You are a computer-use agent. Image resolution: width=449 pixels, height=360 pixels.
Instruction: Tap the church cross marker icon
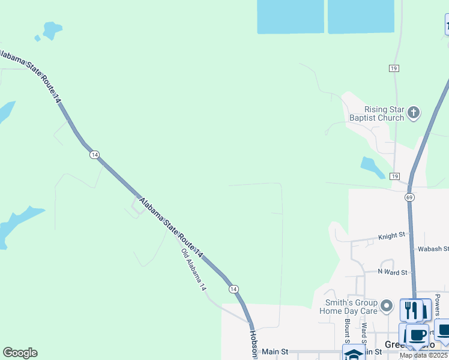click(413, 112)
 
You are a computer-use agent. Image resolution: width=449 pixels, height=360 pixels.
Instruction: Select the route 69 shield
click(409, 197)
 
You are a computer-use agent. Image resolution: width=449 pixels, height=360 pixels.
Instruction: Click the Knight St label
click(392, 237)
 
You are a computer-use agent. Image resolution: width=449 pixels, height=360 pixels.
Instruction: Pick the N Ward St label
click(393, 272)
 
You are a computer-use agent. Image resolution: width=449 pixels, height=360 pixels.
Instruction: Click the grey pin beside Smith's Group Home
click(388, 306)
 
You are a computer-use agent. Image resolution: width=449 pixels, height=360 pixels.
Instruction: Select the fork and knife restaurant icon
click(411, 310)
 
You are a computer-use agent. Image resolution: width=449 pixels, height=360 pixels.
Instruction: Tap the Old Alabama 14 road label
click(193, 270)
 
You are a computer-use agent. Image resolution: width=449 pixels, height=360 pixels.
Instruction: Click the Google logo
click(20, 353)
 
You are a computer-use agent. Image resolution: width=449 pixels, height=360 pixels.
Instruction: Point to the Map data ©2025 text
click(424, 355)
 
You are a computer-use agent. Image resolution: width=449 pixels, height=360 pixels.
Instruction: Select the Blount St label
click(347, 328)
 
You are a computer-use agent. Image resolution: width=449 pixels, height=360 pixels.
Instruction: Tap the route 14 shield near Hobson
click(233, 289)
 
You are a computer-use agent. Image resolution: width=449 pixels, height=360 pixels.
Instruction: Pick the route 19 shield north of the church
click(394, 68)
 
